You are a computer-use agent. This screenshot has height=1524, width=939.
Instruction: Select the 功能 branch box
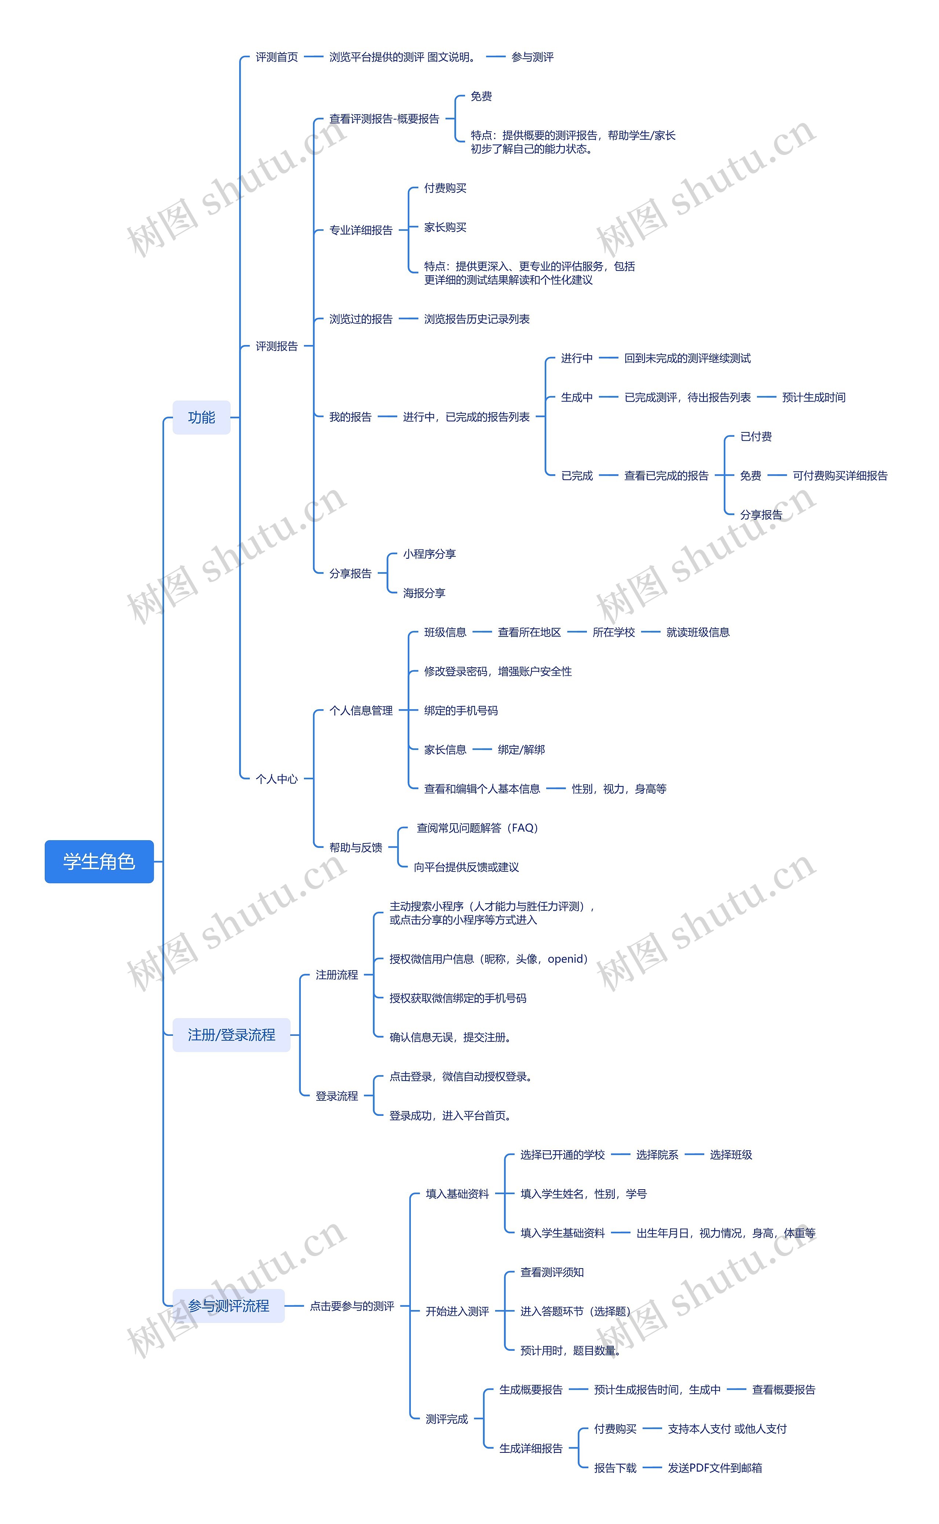[x=201, y=417]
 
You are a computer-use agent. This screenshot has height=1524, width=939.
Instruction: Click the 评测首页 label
[x=277, y=57]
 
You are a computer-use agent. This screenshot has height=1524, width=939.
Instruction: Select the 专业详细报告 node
[x=361, y=230]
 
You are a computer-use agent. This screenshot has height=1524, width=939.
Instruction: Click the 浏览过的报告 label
[x=361, y=319]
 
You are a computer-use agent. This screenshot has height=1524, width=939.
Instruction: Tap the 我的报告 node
[x=350, y=417]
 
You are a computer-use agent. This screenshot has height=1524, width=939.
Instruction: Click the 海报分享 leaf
[x=424, y=593]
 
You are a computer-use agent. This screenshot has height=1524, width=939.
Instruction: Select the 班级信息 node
[x=445, y=632]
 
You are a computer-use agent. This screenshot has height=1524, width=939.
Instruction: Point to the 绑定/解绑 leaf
[x=521, y=749]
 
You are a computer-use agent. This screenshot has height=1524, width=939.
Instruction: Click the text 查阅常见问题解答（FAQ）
[x=477, y=828]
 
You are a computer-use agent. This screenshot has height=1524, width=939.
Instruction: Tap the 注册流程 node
[x=337, y=975]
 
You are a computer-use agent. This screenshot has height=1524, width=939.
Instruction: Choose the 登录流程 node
[x=337, y=1096]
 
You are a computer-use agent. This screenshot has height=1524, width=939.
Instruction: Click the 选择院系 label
[x=657, y=1154]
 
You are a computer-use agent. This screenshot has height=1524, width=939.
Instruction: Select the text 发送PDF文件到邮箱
[x=715, y=1467]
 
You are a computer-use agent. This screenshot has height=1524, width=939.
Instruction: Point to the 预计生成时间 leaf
[x=814, y=397]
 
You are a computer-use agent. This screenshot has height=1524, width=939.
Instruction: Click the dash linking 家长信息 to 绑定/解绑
[x=482, y=749]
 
